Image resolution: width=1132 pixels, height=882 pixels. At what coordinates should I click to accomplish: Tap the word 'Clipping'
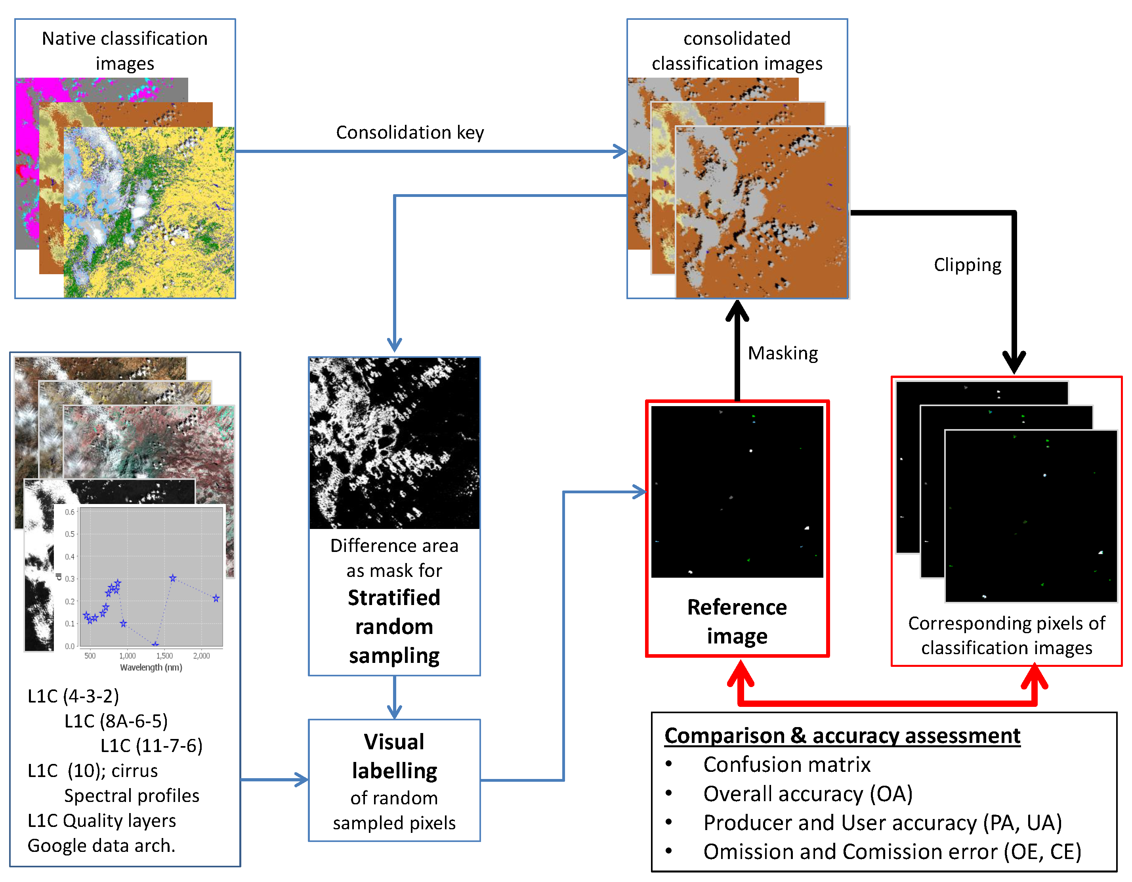point(967,265)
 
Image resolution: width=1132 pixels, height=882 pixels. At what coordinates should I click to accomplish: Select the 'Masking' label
point(783,353)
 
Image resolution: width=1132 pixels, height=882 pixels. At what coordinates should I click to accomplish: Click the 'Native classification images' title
point(124,51)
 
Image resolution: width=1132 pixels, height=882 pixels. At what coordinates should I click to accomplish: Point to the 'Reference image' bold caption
point(737,621)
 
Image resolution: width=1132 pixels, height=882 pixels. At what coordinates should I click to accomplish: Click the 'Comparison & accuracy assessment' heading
point(842,736)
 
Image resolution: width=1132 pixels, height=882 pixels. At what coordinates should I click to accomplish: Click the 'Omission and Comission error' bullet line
point(891,852)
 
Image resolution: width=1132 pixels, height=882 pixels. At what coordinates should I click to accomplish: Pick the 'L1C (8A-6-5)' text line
point(116,721)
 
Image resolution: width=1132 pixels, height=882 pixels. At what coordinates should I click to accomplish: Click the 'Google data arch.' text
point(101,846)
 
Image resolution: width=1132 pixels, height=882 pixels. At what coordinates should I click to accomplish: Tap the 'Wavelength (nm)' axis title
point(151,668)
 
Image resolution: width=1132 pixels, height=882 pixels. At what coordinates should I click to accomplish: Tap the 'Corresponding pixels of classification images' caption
point(1006,635)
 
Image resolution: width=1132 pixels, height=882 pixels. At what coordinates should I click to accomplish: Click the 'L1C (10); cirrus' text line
point(92,771)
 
